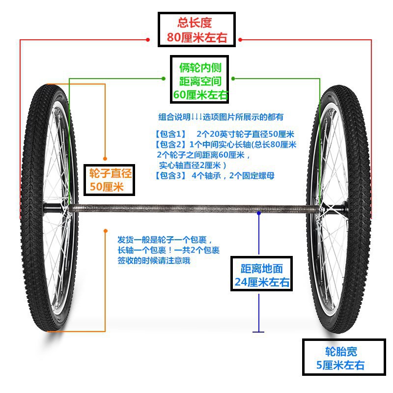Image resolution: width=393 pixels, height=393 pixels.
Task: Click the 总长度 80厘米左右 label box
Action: point(196,30)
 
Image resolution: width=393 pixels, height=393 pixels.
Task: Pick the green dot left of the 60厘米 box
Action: point(164,78)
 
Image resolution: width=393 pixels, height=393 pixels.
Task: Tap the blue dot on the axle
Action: point(259,213)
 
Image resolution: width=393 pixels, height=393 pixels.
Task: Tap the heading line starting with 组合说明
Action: point(221,117)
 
